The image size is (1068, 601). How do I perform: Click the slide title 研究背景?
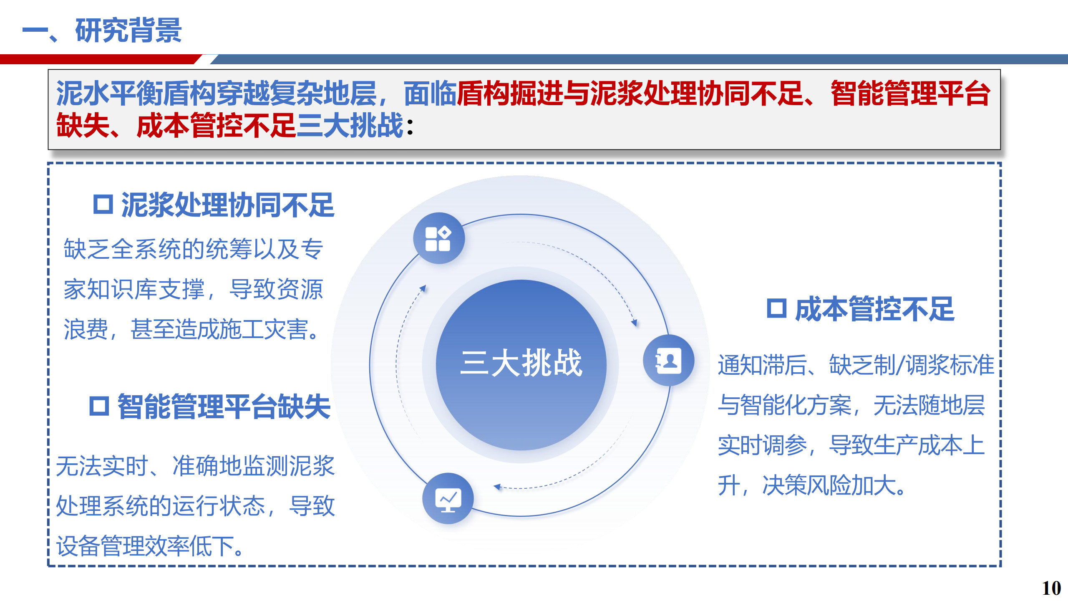(x=128, y=30)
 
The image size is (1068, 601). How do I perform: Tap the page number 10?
(x=1051, y=588)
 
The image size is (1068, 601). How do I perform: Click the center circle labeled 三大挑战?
(x=521, y=365)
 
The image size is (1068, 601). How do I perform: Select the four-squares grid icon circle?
(x=438, y=238)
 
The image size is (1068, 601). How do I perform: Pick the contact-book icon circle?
(x=669, y=360)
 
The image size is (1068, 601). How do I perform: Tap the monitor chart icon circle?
(x=448, y=498)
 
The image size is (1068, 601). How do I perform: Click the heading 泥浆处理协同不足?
(x=228, y=205)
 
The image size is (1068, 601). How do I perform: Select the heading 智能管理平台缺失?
(x=224, y=407)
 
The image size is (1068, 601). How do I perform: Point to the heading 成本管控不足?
(x=875, y=309)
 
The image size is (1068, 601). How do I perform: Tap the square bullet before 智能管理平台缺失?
(x=99, y=406)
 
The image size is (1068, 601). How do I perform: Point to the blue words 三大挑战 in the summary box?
(x=350, y=125)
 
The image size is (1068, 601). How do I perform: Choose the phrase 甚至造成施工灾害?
(x=219, y=329)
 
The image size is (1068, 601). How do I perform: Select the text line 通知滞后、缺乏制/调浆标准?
(x=856, y=365)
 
